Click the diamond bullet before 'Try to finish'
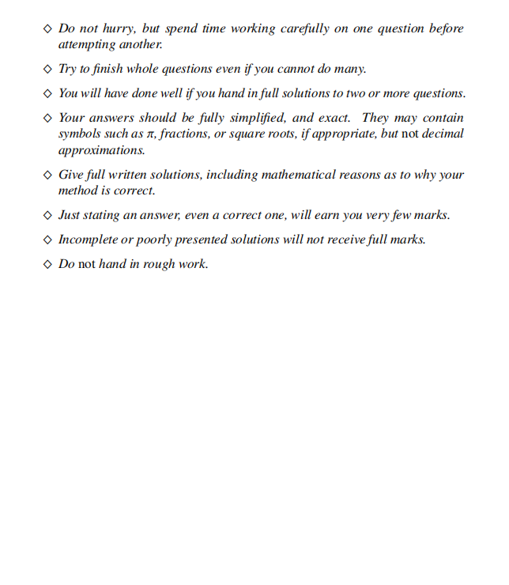point(47,69)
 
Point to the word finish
point(107,69)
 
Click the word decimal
point(443,134)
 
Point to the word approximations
point(101,150)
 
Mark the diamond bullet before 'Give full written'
point(47,175)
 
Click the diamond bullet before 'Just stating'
point(47,215)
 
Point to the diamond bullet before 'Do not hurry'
point(47,28)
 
